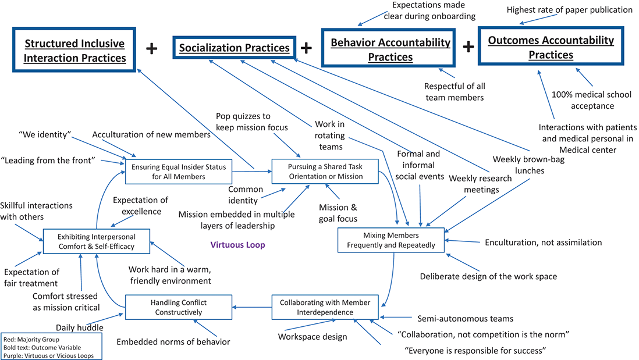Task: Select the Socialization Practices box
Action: pyautogui.click(x=235, y=48)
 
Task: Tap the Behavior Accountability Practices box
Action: pyautogui.click(x=390, y=49)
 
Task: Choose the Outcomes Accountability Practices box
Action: pyautogui.click(x=551, y=47)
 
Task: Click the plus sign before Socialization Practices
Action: pyautogui.click(x=151, y=49)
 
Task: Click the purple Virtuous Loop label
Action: pyautogui.click(x=237, y=245)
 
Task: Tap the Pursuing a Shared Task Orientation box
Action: pyautogui.click(x=325, y=172)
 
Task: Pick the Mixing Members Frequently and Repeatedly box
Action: pyautogui.click(x=390, y=240)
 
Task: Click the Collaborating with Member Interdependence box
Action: pyautogui.click(x=325, y=308)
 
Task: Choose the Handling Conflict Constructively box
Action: pyautogui.click(x=179, y=308)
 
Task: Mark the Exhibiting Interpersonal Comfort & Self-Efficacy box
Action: pyautogui.click(x=96, y=241)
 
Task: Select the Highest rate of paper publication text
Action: pyautogui.click(x=569, y=9)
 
